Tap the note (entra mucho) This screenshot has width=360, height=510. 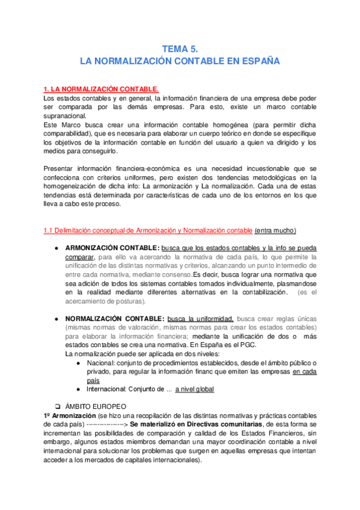point(275,230)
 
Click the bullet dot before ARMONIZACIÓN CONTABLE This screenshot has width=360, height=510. point(55,248)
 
